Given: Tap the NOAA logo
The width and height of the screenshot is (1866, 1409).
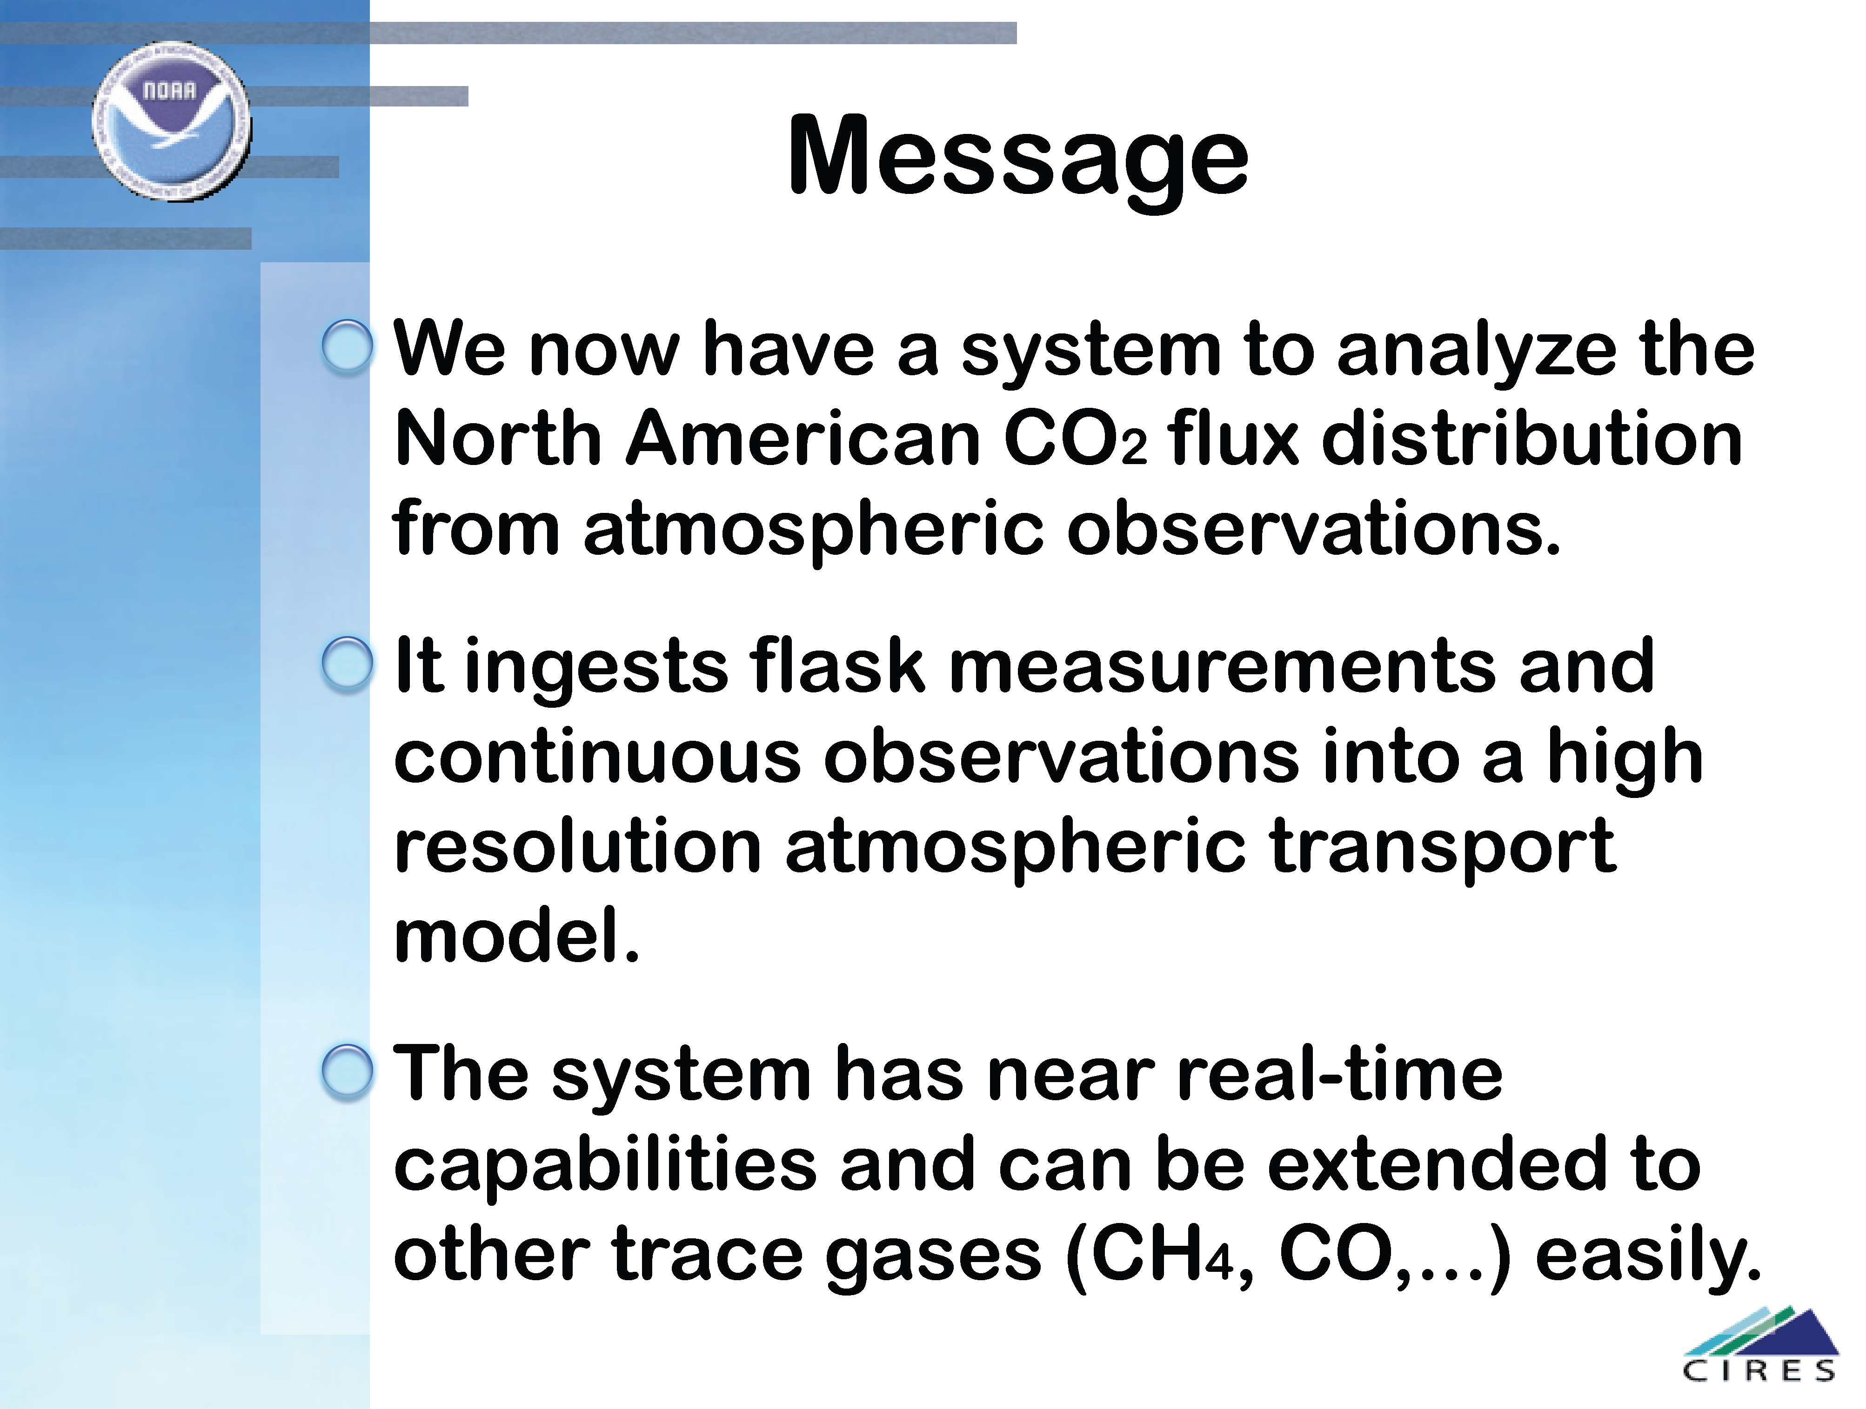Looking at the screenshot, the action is coord(171,121).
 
